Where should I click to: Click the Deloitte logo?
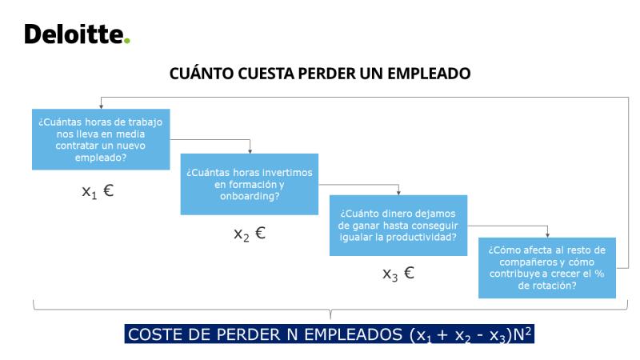77,34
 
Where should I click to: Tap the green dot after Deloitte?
127,41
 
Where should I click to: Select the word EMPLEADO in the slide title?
429,74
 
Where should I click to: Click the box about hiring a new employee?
101,139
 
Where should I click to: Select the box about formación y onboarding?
250,184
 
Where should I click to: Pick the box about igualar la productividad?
398,226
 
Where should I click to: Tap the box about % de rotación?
547,268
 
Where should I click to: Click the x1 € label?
98,191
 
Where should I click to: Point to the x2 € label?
250,234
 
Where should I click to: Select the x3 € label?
398,274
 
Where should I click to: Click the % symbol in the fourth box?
599,274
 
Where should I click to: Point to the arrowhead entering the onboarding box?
250,151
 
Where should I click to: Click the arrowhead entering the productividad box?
398,193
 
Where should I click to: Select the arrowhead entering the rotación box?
547,235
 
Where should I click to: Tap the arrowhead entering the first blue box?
102,106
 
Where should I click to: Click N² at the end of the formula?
522,334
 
